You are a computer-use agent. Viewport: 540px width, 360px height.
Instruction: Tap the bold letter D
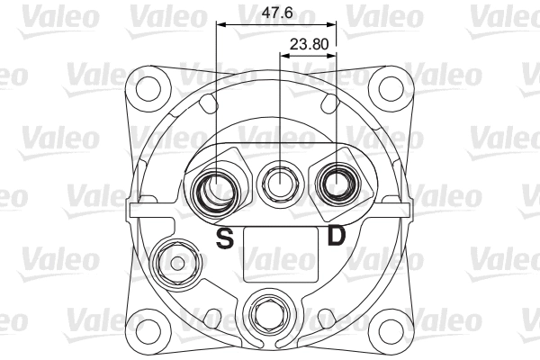pyautogui.click(x=336, y=238)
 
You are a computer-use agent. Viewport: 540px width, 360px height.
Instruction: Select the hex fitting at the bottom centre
pyautogui.click(x=267, y=314)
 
